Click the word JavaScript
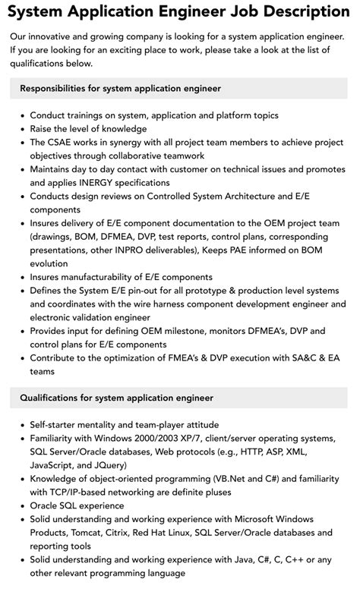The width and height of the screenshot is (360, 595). [57, 465]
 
